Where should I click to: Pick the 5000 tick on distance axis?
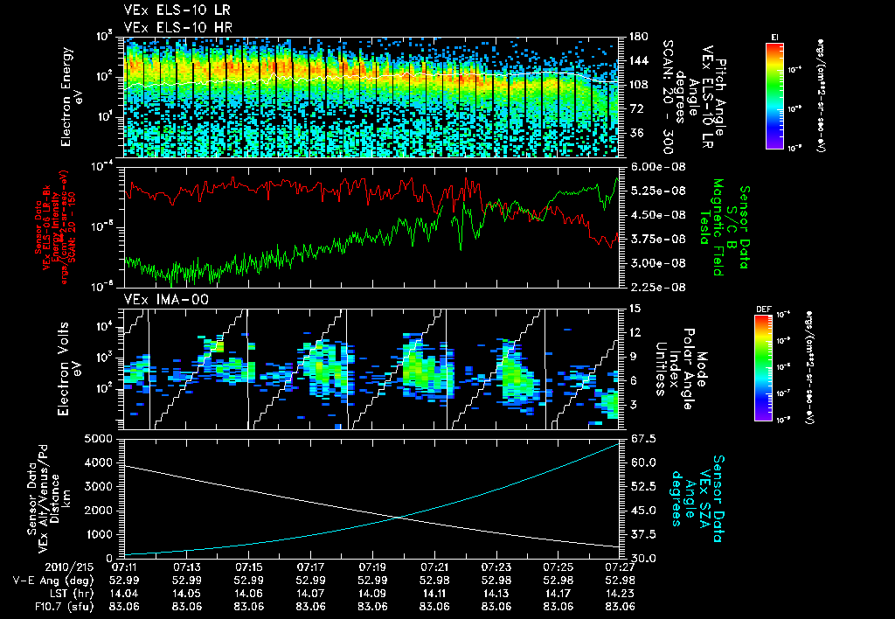coord(101,438)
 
